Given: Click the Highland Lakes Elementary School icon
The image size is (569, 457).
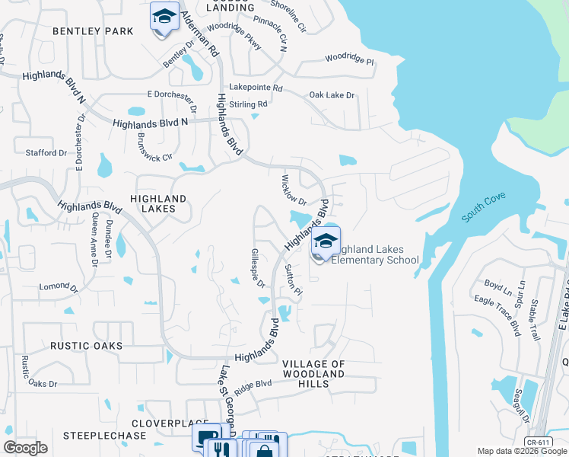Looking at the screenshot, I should pos(326,242).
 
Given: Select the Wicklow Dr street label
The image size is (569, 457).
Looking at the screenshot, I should pos(293,191).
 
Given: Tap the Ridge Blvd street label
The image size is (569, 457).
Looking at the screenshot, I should pos(254,387).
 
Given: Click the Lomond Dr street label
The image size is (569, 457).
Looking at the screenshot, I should pos(59,288).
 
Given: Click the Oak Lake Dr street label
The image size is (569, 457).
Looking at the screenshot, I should pos(332,95).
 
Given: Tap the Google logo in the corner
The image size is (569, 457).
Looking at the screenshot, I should pos(26,448).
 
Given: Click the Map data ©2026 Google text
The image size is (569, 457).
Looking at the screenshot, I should pos(521,451).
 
